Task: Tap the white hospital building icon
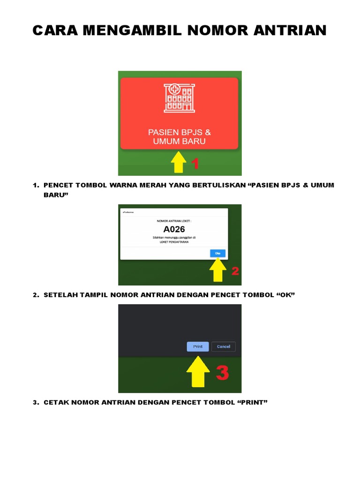pos(180,98)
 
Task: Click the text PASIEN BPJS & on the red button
pos(180,132)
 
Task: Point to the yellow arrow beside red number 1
pos(179,162)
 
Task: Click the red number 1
pos(195,164)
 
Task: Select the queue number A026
pos(174,229)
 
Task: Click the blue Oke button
pos(217,253)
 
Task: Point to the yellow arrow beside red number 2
pos(218,270)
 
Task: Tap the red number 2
pos(235,271)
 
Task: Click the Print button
pos(198,346)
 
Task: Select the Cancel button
pos(224,346)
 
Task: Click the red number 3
pos(222,373)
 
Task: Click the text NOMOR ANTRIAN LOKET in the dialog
pos(174,219)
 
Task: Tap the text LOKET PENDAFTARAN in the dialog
pos(174,242)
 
